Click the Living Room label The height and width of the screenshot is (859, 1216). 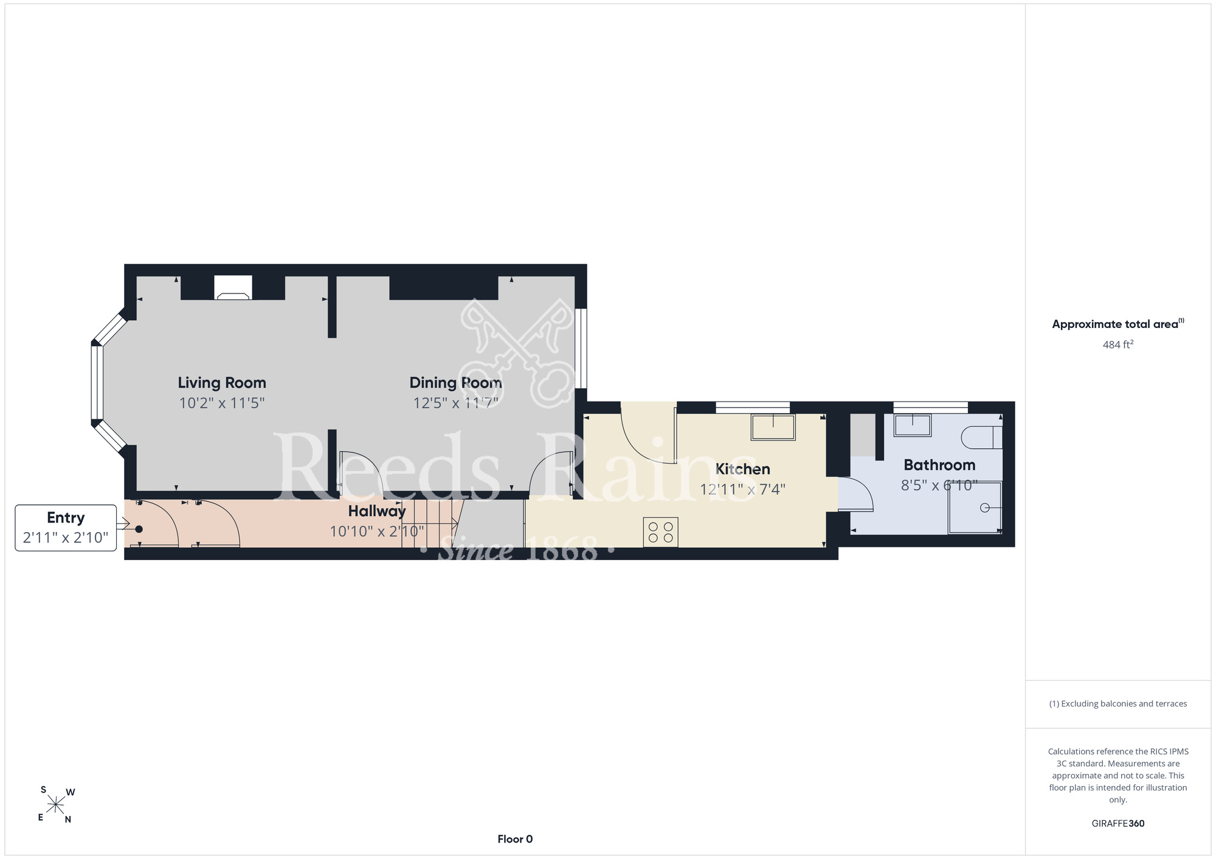point(222,383)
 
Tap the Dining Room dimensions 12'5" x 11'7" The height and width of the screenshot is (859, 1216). point(455,403)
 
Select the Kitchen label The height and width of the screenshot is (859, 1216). point(742,469)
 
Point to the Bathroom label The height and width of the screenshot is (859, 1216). point(939,465)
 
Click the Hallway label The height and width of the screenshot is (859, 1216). point(377,511)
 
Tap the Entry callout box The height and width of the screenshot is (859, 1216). point(66,528)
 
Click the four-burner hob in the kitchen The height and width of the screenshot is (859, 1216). point(661,532)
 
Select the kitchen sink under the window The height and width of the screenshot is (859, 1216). point(773,426)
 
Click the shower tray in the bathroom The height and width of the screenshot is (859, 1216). point(975,508)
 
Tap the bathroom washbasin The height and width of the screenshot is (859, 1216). point(912,425)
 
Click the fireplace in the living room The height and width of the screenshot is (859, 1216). point(233,288)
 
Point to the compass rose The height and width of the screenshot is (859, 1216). point(55,806)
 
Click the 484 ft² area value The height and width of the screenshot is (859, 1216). point(1118,344)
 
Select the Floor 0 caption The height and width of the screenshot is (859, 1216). point(515,839)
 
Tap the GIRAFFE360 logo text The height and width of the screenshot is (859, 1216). point(1118,824)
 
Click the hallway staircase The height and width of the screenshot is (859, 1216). point(429,523)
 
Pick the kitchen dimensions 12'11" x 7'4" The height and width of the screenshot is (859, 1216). point(742,489)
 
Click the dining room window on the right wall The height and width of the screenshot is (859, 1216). point(581,348)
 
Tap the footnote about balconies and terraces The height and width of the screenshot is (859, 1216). point(1118,703)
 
